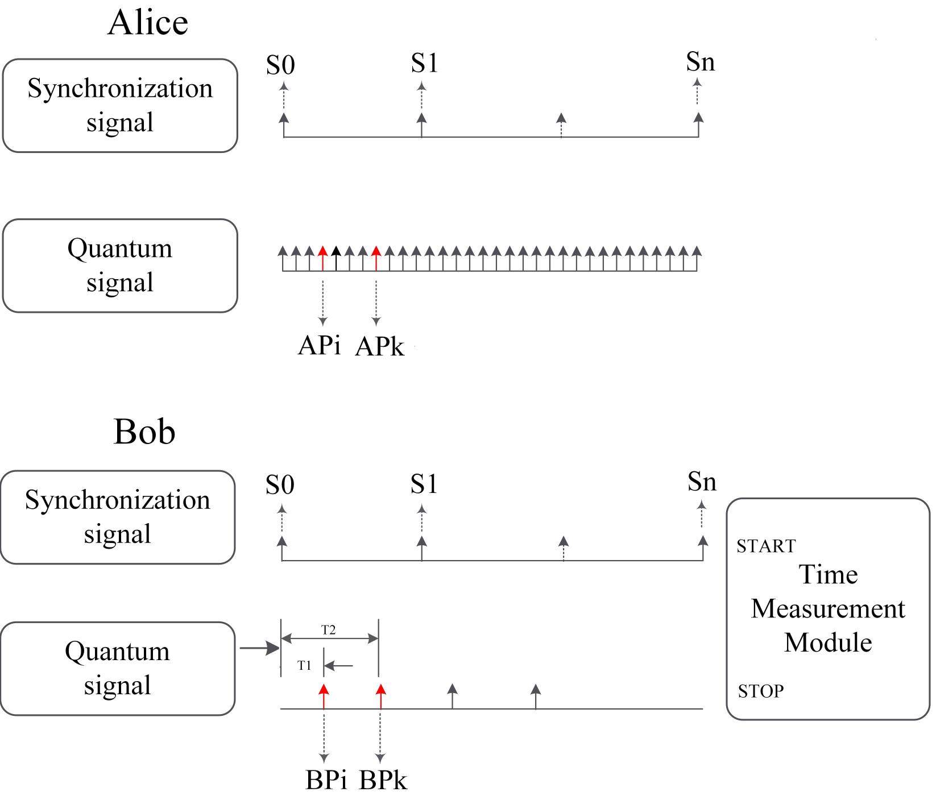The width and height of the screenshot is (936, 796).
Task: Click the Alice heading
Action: click(148, 24)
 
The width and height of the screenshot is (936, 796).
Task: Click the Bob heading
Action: click(144, 432)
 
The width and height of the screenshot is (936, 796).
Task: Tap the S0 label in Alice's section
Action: click(280, 65)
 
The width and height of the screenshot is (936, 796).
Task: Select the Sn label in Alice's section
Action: click(700, 62)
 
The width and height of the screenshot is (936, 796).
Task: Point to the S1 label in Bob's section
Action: click(424, 484)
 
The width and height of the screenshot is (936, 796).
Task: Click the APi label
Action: click(320, 345)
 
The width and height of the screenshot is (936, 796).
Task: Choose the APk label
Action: click(379, 346)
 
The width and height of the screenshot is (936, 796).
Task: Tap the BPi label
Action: click(326, 780)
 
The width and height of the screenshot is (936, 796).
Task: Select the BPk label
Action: click(383, 780)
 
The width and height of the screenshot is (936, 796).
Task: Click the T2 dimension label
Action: click(329, 630)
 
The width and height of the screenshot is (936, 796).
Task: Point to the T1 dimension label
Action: click(305, 665)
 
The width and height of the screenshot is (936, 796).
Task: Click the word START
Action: click(766, 546)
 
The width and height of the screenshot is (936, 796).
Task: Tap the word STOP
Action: click(760, 691)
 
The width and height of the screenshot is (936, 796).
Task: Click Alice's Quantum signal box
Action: click(120, 266)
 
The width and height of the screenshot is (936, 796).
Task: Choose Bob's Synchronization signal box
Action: click(118, 517)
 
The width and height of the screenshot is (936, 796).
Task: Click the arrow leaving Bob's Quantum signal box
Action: click(259, 648)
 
